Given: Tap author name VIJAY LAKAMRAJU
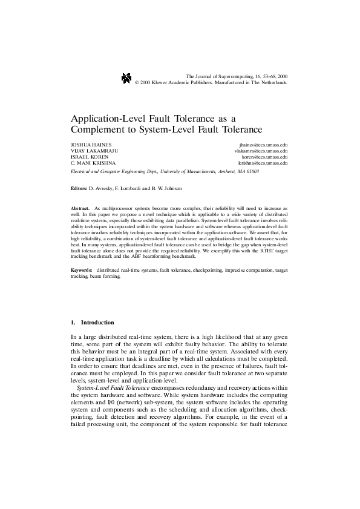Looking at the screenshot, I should pos(90,151).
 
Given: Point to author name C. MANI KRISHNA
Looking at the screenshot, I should pos(90,163).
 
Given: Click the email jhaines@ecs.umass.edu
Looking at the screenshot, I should pos(263,146).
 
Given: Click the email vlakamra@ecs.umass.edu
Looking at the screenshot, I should pos(261,151).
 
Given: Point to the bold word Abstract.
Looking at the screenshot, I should pos(80,208).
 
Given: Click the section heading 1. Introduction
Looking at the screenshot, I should pos(92,323).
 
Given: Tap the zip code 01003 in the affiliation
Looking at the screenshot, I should pos(252,171).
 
